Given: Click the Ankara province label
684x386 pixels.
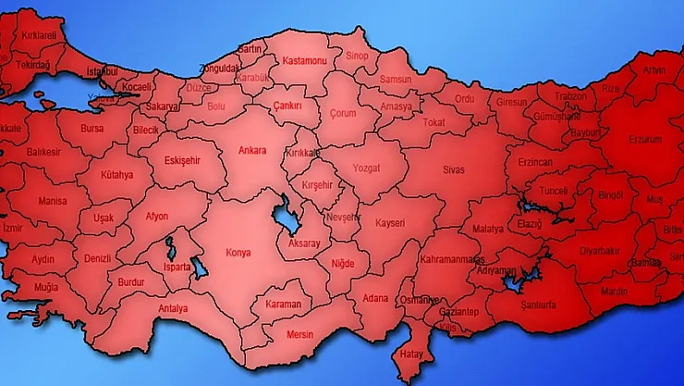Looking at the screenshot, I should (251, 150).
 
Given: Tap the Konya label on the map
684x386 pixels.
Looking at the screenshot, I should (238, 251).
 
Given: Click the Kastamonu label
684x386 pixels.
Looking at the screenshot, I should (304, 60).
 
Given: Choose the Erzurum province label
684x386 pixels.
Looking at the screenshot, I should (645, 139).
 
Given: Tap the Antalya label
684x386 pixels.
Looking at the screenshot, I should (173, 308).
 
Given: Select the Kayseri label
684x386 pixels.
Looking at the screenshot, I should (390, 223).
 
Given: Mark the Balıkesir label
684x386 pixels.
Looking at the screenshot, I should (43, 151).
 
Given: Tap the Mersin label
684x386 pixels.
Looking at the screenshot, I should (300, 334).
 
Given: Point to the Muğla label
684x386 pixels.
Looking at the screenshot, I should (45, 287).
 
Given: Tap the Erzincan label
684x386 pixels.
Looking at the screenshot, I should (534, 162).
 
